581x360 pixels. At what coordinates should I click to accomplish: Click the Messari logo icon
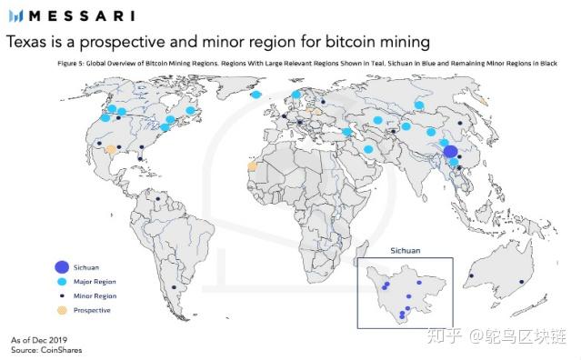pos(15,15)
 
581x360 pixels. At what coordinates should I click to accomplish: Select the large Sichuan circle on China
pos(450,152)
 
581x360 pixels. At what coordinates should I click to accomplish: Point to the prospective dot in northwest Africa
pos(252,166)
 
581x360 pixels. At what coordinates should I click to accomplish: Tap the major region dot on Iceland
pos(256,94)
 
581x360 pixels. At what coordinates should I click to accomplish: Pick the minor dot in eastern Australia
pos(522,283)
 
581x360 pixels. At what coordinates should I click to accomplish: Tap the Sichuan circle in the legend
pos(61,266)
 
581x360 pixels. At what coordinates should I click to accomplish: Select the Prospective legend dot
pos(61,311)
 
